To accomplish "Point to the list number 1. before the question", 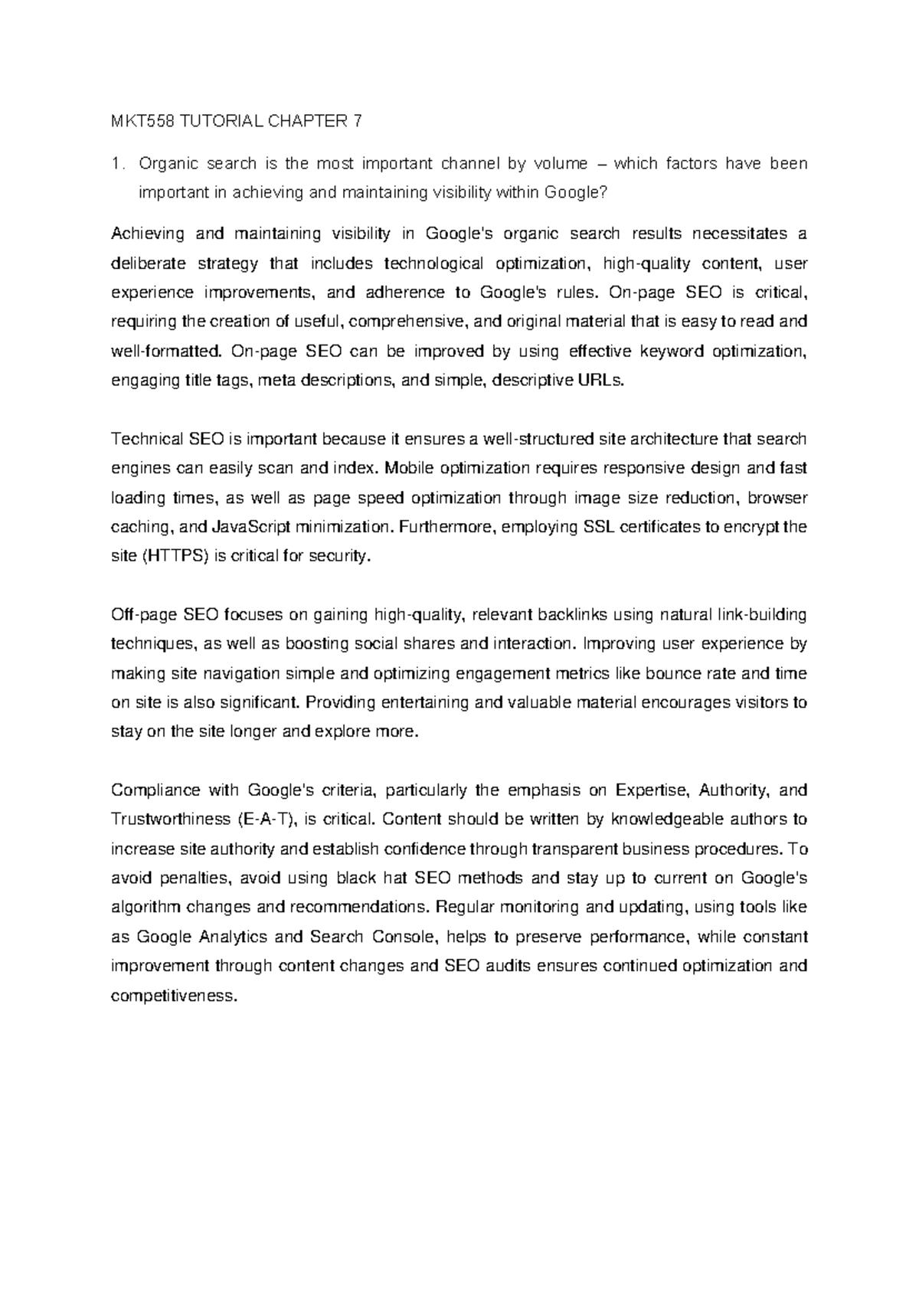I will point(117,164).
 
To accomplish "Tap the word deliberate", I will point(149,263).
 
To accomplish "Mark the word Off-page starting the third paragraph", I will point(145,614).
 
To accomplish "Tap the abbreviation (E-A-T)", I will point(263,820).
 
